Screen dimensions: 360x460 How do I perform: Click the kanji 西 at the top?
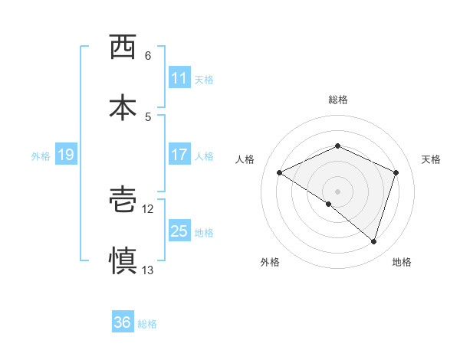(123, 47)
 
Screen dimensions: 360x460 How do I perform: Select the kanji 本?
(123, 106)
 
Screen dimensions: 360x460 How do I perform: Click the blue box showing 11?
(179, 78)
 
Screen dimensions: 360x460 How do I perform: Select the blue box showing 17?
(179, 155)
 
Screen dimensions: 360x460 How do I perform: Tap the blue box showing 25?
(179, 231)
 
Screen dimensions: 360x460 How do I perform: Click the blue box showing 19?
(65, 155)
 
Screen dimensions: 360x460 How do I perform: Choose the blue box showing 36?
(123, 322)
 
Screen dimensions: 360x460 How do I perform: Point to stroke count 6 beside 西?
(148, 56)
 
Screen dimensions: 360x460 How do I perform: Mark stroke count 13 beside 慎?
(148, 270)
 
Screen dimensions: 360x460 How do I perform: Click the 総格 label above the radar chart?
(337, 100)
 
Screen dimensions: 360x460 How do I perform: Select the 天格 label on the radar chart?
(431, 159)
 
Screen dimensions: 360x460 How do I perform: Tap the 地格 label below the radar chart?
(402, 262)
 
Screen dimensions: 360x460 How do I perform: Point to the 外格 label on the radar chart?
(270, 262)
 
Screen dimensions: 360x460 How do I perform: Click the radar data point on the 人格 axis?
(280, 173)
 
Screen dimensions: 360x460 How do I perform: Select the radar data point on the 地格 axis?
(373, 241)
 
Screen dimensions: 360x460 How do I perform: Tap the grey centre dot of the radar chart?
(337, 191)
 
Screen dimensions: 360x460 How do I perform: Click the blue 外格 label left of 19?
(41, 155)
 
